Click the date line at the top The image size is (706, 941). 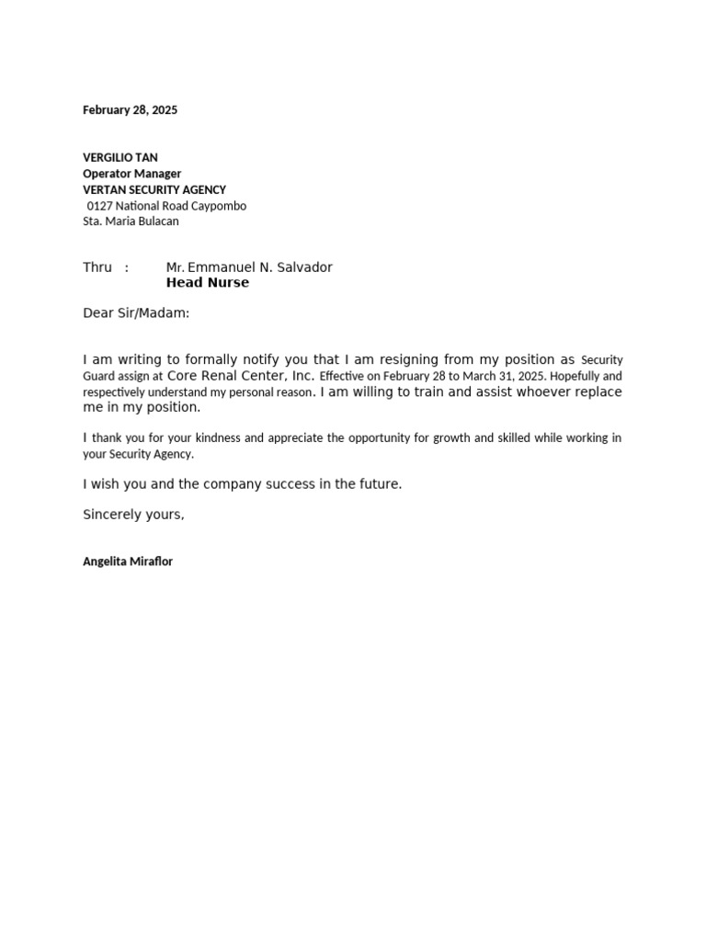pos(130,110)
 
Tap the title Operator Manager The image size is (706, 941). pos(131,174)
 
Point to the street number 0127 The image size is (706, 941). pos(99,206)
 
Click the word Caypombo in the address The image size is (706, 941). pos(219,206)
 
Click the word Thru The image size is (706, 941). pos(97,267)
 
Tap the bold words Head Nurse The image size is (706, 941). pos(207,283)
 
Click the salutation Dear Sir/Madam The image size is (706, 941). pos(136,313)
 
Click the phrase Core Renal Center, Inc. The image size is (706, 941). pos(241,376)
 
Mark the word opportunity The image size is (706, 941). pos(366,438)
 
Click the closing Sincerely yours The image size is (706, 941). pos(133,515)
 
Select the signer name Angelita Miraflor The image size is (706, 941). pos(128,561)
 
